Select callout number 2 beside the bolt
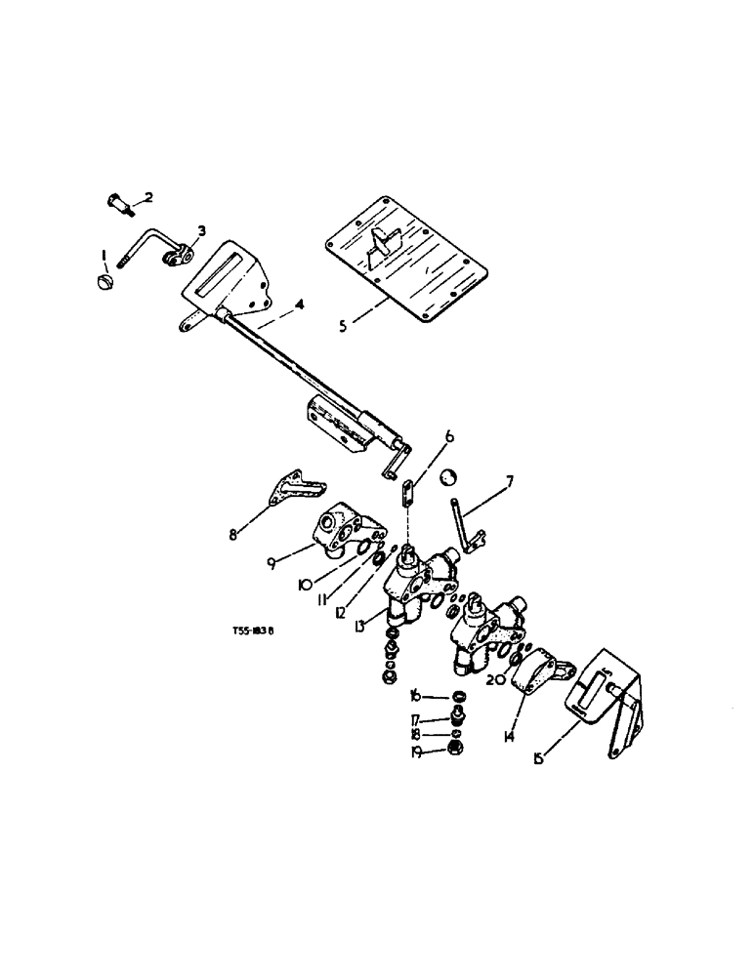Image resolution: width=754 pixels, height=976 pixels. point(148,197)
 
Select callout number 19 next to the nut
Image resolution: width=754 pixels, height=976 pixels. point(415,752)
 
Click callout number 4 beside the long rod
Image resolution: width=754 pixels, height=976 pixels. point(300,305)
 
